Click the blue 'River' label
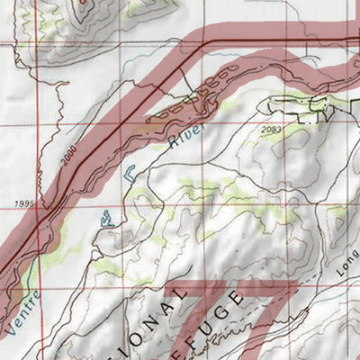pos(185,136)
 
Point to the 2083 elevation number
pos(269,131)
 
